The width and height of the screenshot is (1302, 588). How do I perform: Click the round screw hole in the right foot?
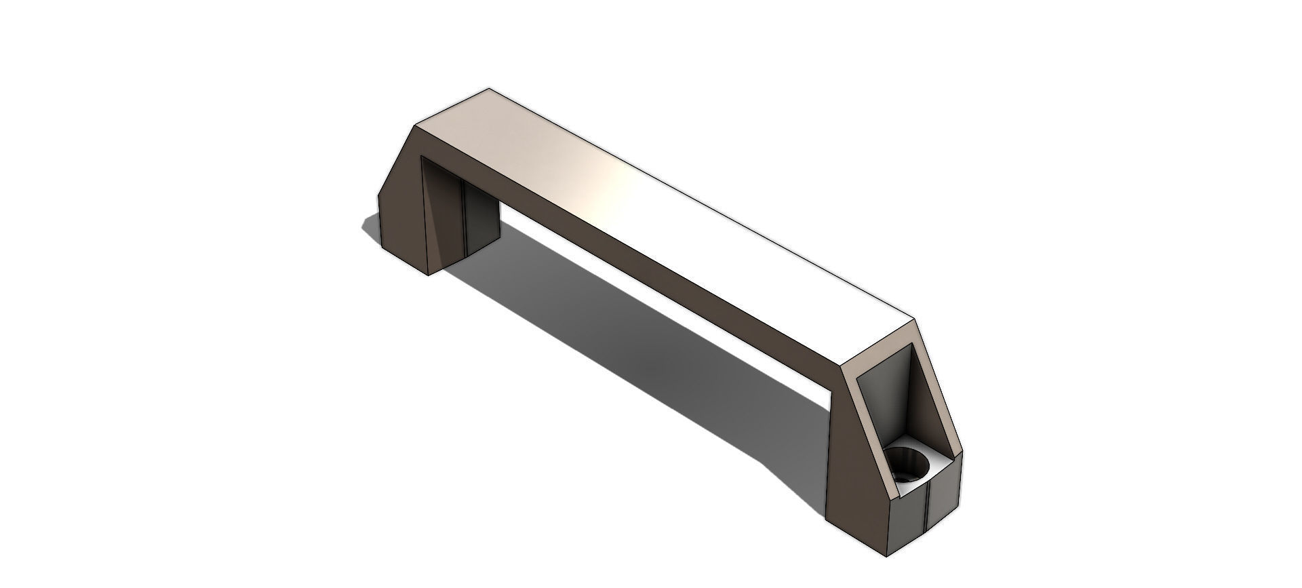[x=907, y=465]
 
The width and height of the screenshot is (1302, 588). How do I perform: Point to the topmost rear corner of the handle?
[x=489, y=89]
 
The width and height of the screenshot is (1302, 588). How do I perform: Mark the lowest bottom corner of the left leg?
[x=429, y=275]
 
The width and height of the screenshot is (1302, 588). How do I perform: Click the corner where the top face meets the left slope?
[x=415, y=126]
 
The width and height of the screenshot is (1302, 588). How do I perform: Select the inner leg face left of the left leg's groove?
[x=444, y=217]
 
